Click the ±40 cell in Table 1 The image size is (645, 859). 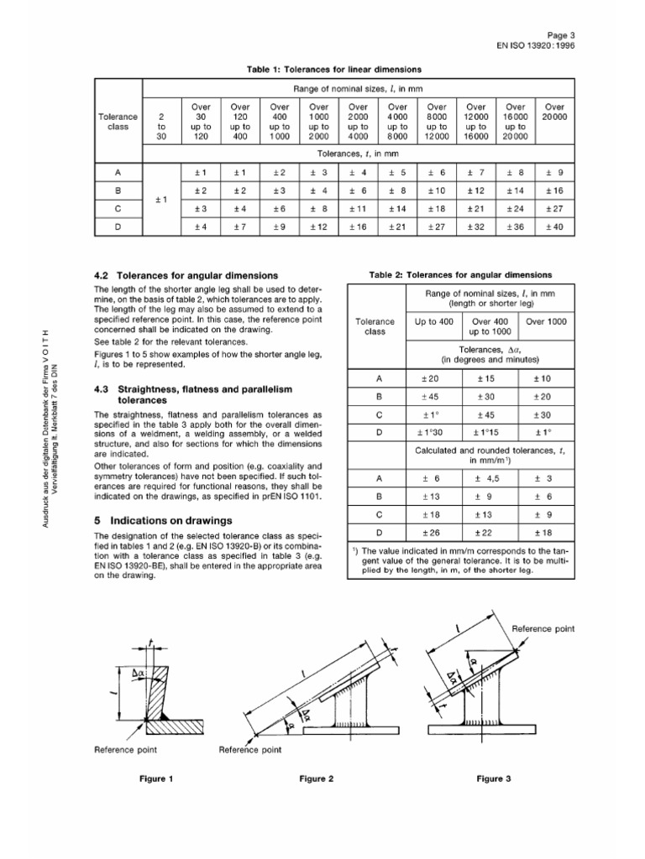(x=554, y=226)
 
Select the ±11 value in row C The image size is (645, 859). (x=358, y=208)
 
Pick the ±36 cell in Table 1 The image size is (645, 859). (x=515, y=226)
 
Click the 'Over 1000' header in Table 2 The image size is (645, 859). (x=546, y=321)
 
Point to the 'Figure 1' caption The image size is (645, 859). (x=156, y=778)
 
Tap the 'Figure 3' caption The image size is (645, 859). (x=495, y=778)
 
